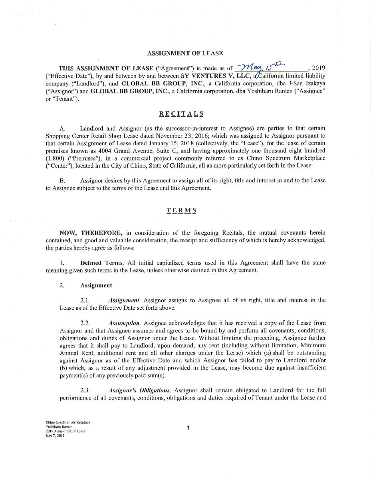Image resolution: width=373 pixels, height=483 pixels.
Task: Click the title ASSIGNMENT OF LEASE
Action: (x=185, y=53)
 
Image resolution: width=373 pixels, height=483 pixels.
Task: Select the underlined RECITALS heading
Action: (x=181, y=114)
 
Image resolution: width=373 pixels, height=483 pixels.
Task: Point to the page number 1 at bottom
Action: (x=188, y=428)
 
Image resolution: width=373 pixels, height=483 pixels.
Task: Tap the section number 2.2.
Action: (x=85, y=323)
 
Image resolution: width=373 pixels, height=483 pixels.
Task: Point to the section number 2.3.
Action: (x=85, y=390)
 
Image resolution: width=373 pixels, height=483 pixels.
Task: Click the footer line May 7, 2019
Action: (x=55, y=435)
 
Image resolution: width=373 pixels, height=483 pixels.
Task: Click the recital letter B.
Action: (x=62, y=180)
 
